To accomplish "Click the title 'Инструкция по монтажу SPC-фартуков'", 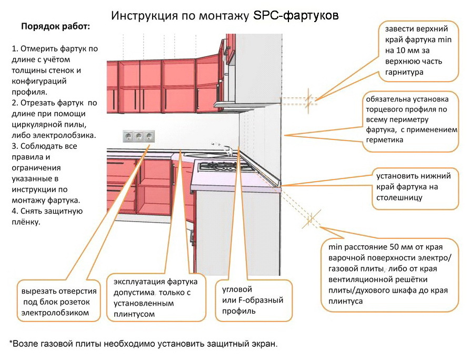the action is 225,16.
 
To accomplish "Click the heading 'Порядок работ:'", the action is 55,27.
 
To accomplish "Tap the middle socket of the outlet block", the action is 138,137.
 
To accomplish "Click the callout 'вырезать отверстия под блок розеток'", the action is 58,301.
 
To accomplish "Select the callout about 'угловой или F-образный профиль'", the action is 254,301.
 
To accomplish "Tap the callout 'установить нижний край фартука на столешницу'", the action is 415,188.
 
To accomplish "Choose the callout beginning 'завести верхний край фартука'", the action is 418,51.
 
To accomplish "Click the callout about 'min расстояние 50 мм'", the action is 389,275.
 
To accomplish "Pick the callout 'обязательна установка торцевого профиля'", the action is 411,120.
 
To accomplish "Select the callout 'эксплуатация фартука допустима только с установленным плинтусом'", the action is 156,297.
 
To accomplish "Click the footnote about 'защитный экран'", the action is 144,344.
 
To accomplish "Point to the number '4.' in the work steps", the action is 15,212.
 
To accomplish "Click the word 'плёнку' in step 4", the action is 26,222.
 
